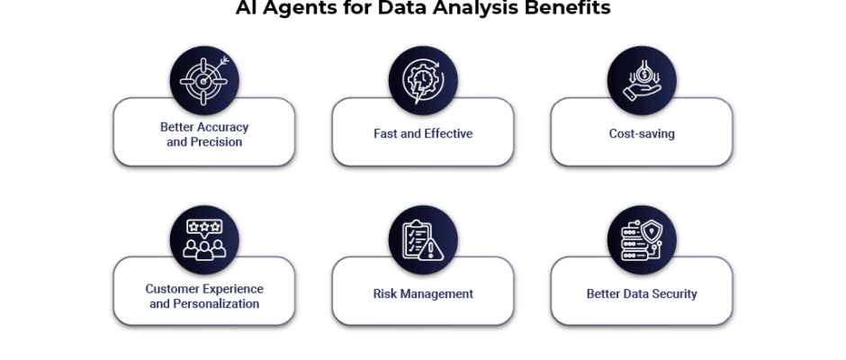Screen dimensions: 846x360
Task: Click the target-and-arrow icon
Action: [x=204, y=81]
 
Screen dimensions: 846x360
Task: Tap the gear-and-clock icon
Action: [x=423, y=81]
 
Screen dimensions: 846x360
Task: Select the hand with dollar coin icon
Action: [x=642, y=81]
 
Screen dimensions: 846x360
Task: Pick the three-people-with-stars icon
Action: [x=204, y=239]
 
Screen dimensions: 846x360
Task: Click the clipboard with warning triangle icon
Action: [x=423, y=240]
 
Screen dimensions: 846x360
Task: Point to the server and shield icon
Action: [x=642, y=240]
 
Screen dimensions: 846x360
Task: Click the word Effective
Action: [x=448, y=134]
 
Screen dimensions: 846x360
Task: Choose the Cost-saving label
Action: [x=642, y=134]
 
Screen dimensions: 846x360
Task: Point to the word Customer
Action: [x=170, y=289]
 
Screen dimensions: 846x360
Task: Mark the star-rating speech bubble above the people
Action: [x=204, y=227]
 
